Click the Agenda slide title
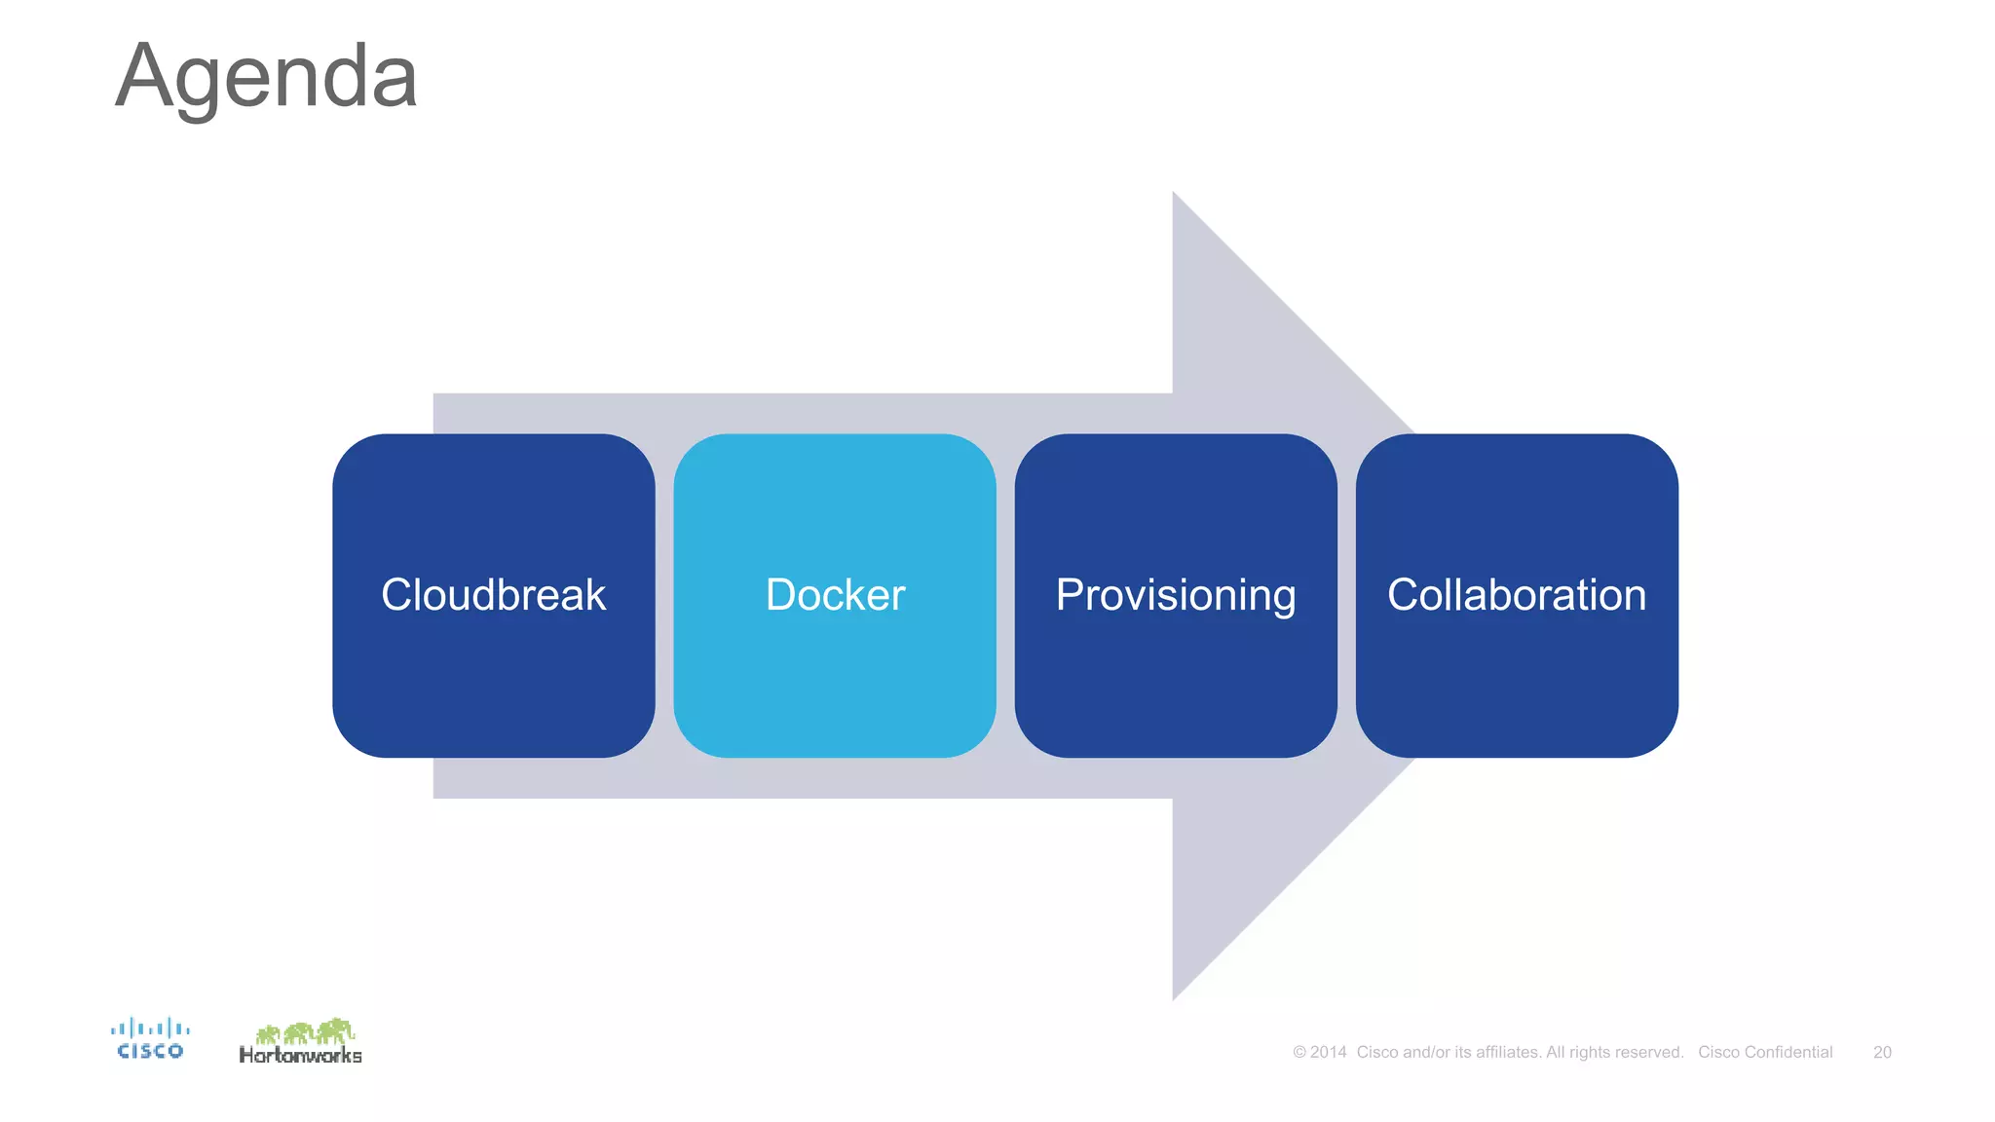[x=266, y=78]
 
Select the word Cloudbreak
[x=493, y=595]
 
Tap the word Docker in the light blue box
[x=835, y=595]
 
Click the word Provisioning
[x=1175, y=595]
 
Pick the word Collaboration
[x=1516, y=595]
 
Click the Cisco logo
[x=150, y=1039]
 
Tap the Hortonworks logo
[x=300, y=1042]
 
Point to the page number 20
[x=1882, y=1052]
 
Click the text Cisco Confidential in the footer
[x=1765, y=1052]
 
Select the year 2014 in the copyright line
[x=1329, y=1052]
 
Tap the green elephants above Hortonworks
[x=305, y=1031]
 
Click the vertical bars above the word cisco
[x=150, y=1028]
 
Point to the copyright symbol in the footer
[x=1299, y=1052]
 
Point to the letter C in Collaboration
[x=1404, y=595]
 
